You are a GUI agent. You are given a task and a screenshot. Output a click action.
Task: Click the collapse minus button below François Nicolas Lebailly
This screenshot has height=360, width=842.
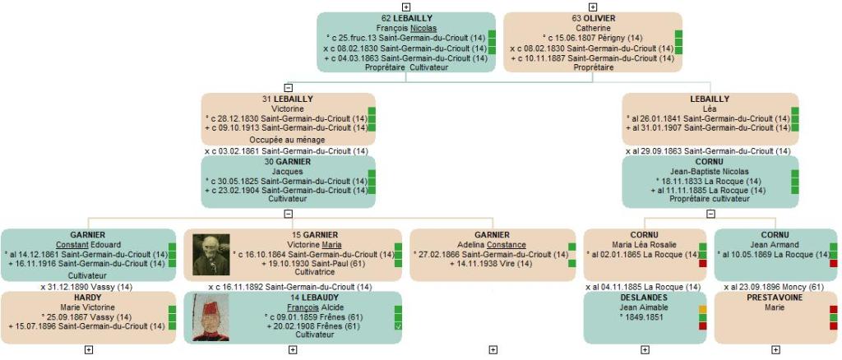[288, 87]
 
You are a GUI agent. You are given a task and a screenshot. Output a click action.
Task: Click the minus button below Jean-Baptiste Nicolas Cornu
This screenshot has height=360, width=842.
[710, 214]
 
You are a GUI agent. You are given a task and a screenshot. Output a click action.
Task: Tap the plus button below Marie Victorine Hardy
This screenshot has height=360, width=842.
[89, 349]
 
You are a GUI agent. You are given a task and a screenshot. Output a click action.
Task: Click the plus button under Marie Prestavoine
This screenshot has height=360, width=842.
[775, 349]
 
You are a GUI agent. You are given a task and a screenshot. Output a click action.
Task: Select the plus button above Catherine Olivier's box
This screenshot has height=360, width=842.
[593, 7]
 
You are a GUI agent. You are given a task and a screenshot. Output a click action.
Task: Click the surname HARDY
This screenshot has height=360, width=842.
[88, 298]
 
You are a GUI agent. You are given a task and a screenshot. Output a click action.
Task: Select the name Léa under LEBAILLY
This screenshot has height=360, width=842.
[710, 108]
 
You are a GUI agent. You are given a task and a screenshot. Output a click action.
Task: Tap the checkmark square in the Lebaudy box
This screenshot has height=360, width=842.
[398, 326]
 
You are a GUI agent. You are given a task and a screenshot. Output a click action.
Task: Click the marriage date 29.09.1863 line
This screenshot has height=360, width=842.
[709, 151]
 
